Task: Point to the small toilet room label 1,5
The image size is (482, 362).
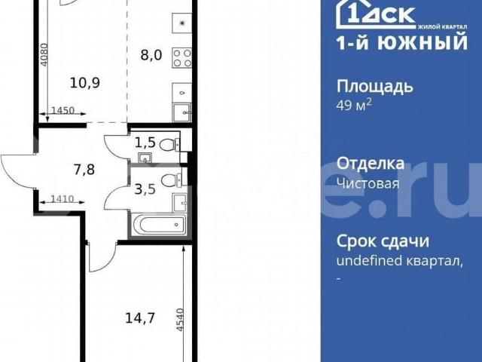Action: pos(145,143)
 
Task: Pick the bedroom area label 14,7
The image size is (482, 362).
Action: pos(140,318)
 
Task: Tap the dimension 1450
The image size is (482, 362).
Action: pos(63,111)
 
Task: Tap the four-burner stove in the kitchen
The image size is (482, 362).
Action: pos(181,57)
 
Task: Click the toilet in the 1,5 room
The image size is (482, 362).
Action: pos(170,143)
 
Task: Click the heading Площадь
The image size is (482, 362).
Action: pos(374,86)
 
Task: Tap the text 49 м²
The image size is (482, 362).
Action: pos(355,105)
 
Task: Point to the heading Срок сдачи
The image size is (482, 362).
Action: pos(383,241)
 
